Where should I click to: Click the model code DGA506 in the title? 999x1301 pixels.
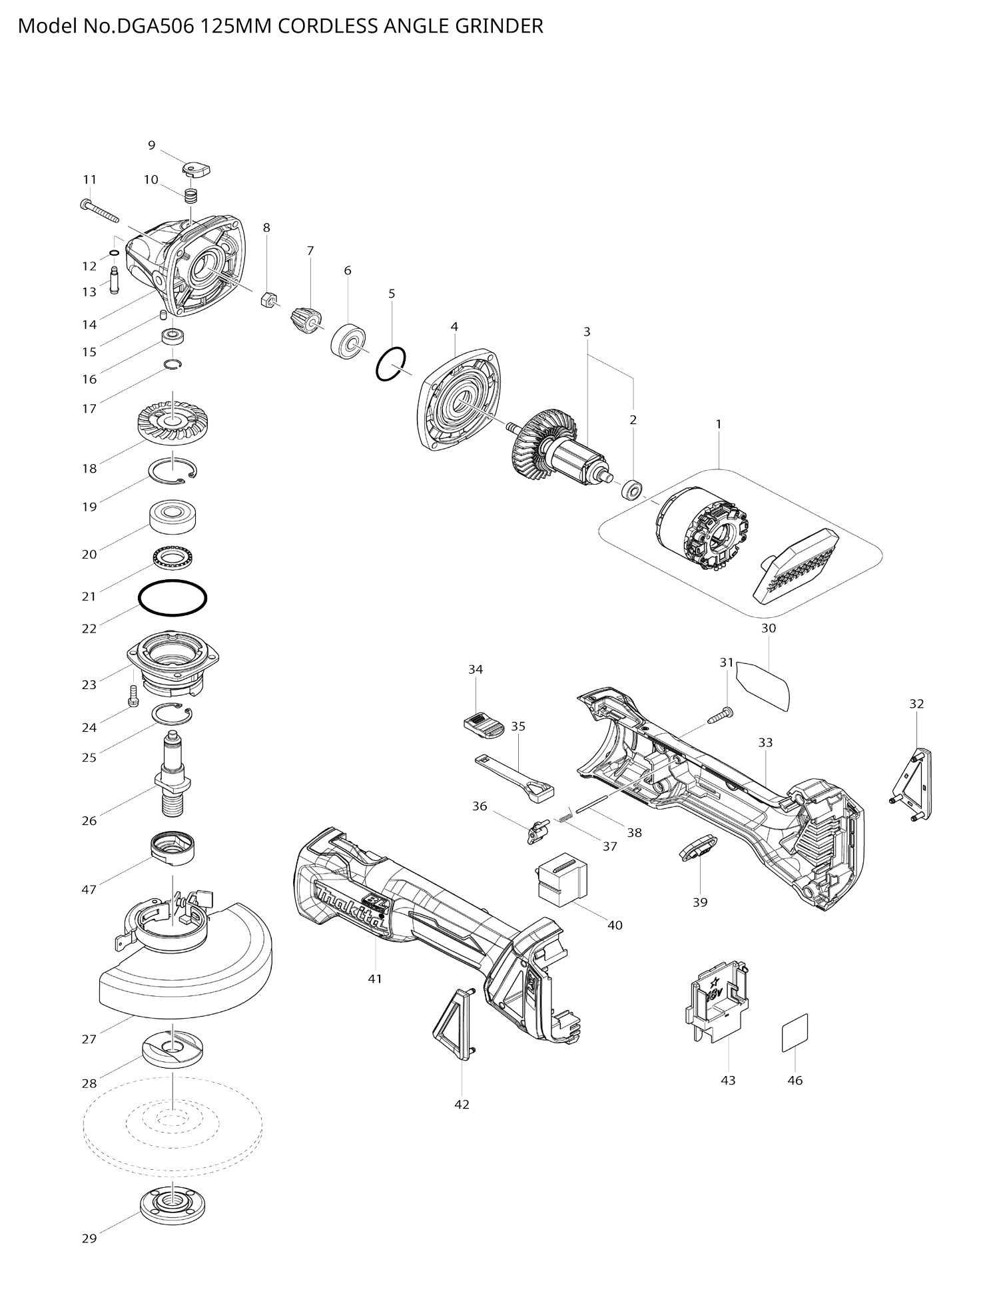click(157, 27)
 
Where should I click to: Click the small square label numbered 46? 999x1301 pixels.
click(795, 1033)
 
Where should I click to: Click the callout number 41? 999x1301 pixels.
click(375, 979)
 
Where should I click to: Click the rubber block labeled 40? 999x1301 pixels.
click(561, 879)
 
